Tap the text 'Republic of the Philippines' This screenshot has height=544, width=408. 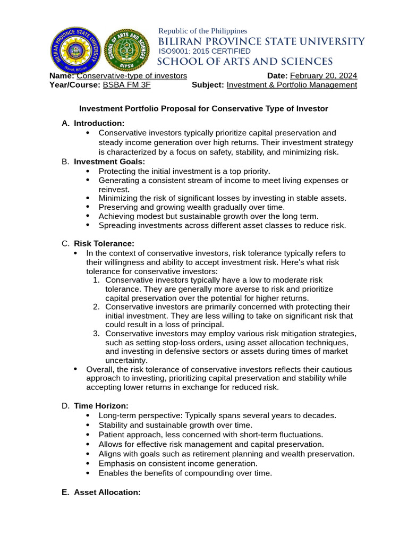(x=203, y=31)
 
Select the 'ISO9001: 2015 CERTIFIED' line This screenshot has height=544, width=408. (x=205, y=51)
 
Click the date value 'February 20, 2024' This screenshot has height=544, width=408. (x=323, y=75)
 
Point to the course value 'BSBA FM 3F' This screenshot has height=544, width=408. (x=123, y=84)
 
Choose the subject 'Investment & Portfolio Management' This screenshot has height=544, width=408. (x=292, y=84)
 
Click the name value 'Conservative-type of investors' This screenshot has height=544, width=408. (x=132, y=75)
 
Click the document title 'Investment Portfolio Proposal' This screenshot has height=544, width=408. (x=203, y=108)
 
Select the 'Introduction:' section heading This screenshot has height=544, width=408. (x=99, y=123)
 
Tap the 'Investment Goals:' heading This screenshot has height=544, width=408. (x=109, y=161)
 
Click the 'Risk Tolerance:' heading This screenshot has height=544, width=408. (x=104, y=243)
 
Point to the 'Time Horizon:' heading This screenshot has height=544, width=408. (x=101, y=406)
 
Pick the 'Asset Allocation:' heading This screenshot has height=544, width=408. (x=107, y=492)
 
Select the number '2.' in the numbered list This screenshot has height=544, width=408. (x=96, y=307)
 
